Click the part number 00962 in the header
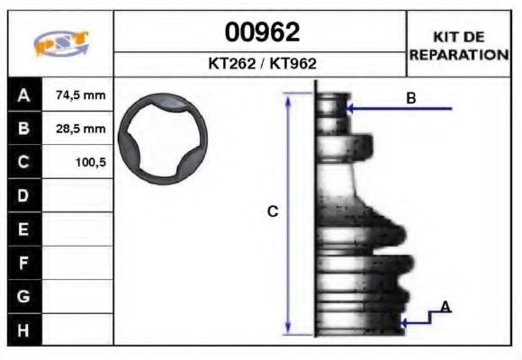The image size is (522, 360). coord(261,33)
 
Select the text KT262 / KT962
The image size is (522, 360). coord(261,64)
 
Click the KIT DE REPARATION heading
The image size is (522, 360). coord(459,45)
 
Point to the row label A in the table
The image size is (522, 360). coord(23,94)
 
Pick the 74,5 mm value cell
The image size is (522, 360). coord(80,94)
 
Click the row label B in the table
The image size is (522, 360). coord(23,129)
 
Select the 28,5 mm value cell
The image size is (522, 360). coord(80,129)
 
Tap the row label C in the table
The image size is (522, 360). coord(23,163)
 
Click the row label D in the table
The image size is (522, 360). coord(23,195)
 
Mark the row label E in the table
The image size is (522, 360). coord(23,229)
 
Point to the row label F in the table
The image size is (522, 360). coord(23,263)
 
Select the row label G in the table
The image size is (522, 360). coord(23,296)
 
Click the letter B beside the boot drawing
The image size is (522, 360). coord(410,98)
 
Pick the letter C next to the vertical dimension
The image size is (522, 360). coord(273,212)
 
